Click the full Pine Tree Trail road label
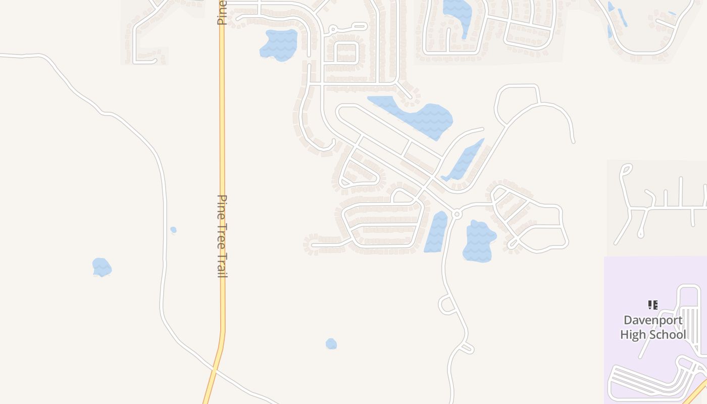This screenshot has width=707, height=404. (x=222, y=236)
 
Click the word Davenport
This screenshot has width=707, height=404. (x=653, y=320)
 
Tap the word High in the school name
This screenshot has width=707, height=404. (x=633, y=334)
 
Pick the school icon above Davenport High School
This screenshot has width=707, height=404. (x=653, y=305)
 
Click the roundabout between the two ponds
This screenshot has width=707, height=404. (x=457, y=214)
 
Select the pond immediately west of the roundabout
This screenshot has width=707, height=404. (x=436, y=232)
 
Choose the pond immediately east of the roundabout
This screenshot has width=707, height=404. (x=478, y=241)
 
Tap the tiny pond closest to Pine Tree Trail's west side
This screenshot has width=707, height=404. (x=173, y=230)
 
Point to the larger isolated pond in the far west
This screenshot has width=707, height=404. (x=102, y=267)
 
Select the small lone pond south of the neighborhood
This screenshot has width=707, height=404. (x=331, y=344)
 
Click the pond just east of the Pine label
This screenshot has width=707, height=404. (x=279, y=44)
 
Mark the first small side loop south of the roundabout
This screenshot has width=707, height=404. (x=446, y=305)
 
